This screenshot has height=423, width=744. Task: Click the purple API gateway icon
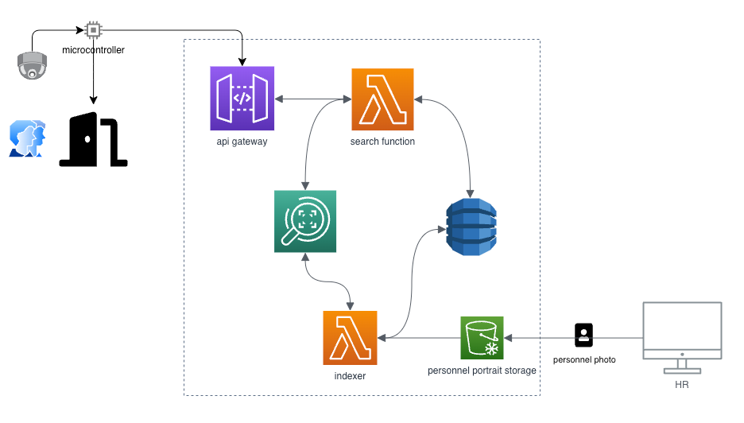click(242, 99)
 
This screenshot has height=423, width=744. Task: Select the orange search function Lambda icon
click(382, 99)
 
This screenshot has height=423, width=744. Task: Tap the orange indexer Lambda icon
click(350, 338)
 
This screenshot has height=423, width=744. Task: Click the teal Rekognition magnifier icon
click(304, 221)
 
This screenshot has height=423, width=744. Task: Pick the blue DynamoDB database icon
click(471, 227)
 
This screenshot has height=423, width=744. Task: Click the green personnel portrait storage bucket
click(482, 338)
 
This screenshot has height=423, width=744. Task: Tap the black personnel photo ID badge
click(584, 335)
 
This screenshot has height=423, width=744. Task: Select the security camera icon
click(32, 66)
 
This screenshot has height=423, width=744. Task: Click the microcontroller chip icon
click(94, 30)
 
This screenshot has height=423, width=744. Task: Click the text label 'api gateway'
click(242, 142)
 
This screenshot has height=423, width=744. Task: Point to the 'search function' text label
click(382, 142)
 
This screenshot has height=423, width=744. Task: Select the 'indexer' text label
click(350, 376)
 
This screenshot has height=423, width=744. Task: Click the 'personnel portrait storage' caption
click(482, 371)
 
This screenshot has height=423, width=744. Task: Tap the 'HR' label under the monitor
click(682, 385)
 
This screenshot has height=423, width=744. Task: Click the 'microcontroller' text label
click(94, 50)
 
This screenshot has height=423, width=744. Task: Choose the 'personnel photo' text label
click(584, 360)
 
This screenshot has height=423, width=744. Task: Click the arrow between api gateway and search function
click(312, 99)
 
